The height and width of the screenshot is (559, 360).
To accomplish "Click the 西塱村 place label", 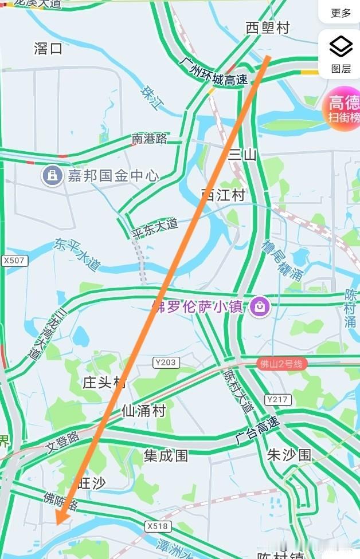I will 268,27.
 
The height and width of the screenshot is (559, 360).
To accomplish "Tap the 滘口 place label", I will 48,49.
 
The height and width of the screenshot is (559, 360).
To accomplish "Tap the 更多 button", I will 341,13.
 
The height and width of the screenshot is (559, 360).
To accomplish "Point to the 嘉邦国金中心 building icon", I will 52,175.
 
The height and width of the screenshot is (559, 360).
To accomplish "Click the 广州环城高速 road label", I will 213,72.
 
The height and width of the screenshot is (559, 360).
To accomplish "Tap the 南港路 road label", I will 150,139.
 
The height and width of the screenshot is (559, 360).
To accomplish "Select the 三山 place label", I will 242,154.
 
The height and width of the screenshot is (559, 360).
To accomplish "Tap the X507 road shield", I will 14,261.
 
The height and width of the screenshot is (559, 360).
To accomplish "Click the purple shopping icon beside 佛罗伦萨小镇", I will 260,306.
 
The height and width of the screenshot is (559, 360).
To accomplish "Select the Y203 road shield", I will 166,362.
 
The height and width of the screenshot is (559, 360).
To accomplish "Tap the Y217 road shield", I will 277,399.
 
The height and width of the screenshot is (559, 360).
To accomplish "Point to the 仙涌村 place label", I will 143,411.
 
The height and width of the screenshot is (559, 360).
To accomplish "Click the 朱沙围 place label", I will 289,455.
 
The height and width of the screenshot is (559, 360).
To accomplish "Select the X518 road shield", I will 158,526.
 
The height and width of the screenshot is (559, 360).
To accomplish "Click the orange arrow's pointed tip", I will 57,522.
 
